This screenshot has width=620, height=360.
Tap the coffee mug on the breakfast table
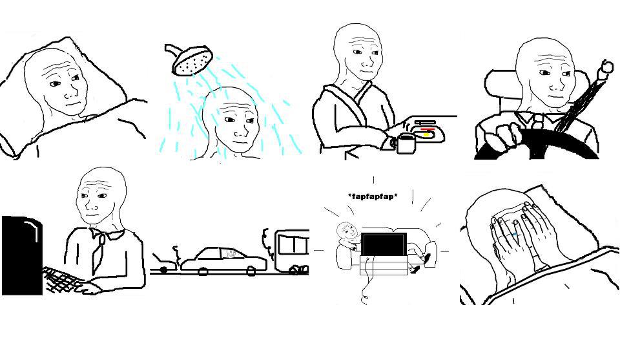point(405,143)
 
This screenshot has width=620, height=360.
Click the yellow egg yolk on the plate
point(428,135)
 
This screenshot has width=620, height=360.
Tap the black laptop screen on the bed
point(384,245)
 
